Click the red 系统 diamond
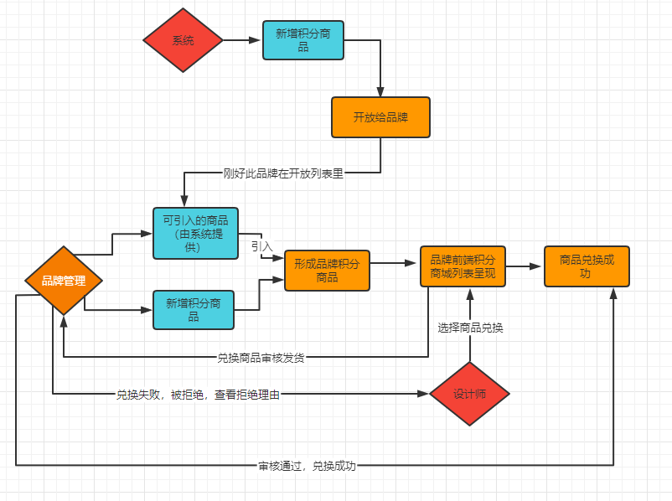click(x=183, y=40)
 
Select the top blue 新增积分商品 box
click(x=302, y=40)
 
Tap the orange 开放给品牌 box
click(x=380, y=117)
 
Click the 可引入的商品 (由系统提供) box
click(x=195, y=233)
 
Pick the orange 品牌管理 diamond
click(x=64, y=281)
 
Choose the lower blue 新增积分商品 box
click(x=194, y=310)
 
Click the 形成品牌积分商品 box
click(x=327, y=271)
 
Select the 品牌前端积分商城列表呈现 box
click(x=463, y=266)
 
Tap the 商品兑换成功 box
click(x=587, y=266)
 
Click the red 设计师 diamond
click(x=469, y=394)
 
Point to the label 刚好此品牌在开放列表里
click(x=283, y=173)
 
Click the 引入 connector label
click(x=261, y=246)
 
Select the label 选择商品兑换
click(x=470, y=328)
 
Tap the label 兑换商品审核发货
click(x=261, y=358)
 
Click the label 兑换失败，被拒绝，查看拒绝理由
click(x=198, y=394)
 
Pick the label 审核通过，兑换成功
click(x=307, y=465)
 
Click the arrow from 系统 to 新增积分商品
click(x=243, y=40)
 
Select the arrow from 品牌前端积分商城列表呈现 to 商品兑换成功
click(x=525, y=266)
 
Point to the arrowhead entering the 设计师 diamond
click(x=423, y=394)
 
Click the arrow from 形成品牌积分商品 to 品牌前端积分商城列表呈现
click(x=395, y=263)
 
